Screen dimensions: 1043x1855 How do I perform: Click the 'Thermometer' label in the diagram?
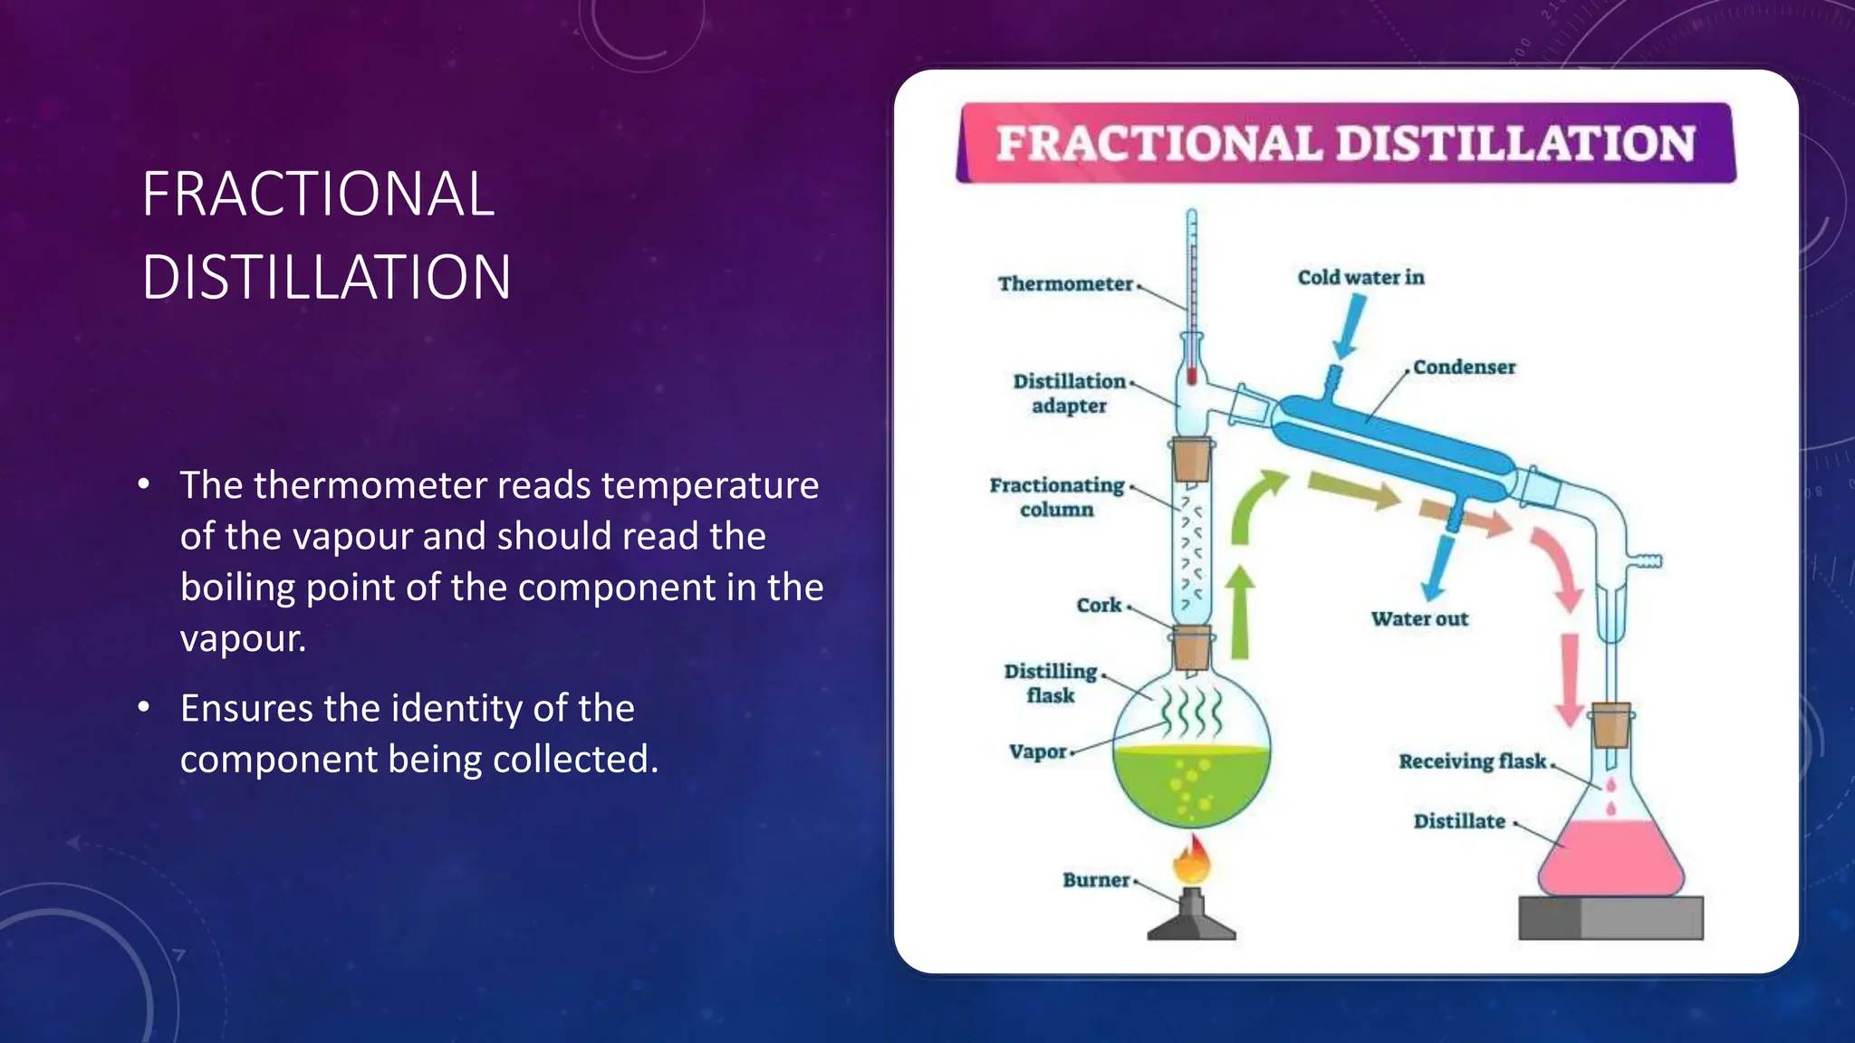[x=1065, y=284]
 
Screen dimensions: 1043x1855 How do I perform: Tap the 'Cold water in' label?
[x=1360, y=278]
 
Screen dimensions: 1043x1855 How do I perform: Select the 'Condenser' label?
[x=1464, y=368]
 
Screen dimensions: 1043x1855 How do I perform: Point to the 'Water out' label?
[x=1419, y=619]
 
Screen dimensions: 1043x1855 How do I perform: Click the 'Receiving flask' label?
[x=1472, y=761]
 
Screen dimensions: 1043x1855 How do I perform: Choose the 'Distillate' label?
[x=1459, y=822]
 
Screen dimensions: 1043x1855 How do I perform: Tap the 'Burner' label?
[x=1096, y=880]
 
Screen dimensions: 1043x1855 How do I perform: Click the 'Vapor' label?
[x=1038, y=752]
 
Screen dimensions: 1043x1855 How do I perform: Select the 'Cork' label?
[x=1099, y=606]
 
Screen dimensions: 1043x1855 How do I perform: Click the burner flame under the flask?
[x=1191, y=860]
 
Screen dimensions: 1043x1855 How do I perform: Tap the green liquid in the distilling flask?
[x=1191, y=783]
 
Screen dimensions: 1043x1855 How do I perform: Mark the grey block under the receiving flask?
[x=1610, y=918]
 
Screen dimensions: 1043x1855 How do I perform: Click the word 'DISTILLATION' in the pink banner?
[x=1514, y=144]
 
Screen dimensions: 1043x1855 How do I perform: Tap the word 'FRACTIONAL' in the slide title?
[x=318, y=195]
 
